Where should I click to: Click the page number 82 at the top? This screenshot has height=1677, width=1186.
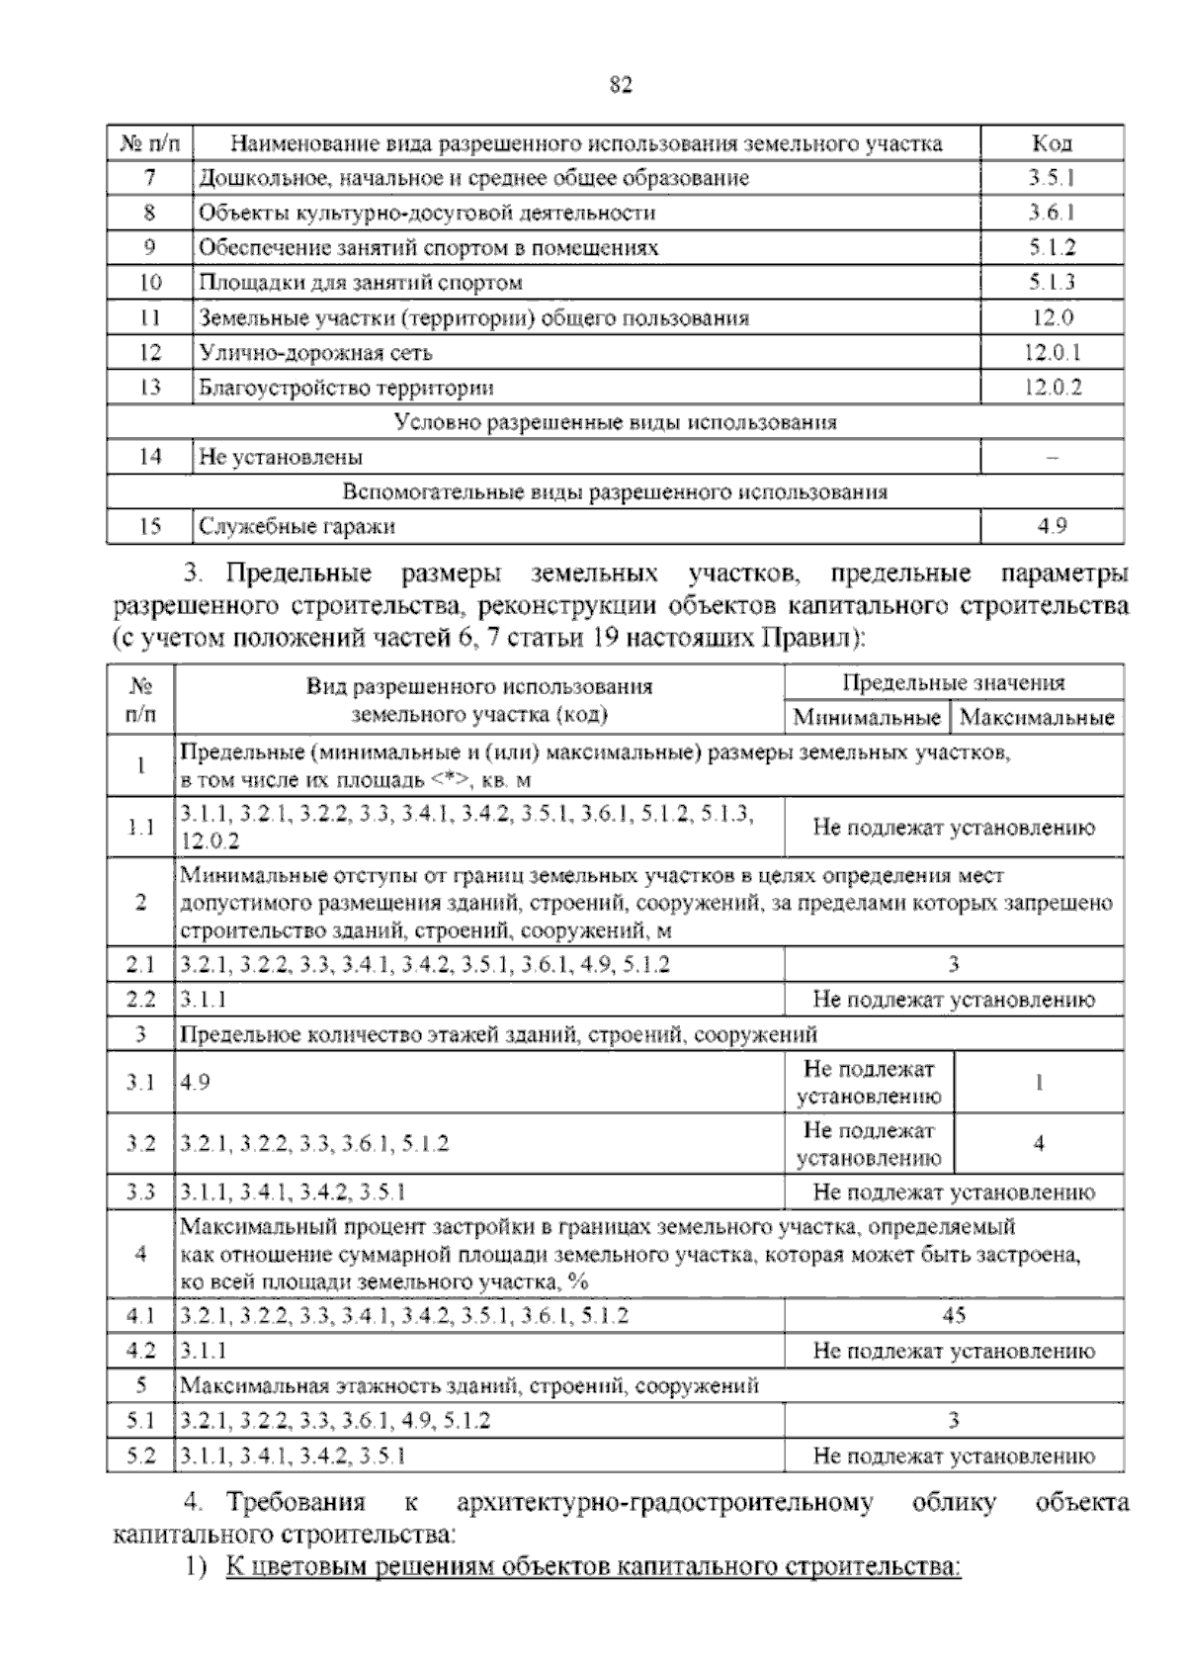(621, 84)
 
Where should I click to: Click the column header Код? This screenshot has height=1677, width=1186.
(1052, 143)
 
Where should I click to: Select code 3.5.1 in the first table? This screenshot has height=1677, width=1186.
(1052, 178)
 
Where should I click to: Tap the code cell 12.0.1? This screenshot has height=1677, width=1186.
(1052, 353)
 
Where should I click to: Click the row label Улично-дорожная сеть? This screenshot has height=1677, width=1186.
(316, 353)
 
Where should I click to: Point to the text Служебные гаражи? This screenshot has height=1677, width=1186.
(296, 527)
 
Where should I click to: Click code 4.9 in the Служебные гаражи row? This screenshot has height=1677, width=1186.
(1052, 527)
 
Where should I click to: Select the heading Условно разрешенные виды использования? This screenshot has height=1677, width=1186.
(615, 422)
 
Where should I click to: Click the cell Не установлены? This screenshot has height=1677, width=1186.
(281, 458)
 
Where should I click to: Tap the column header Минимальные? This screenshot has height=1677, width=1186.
(867, 717)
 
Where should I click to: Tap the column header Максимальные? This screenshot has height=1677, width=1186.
(1037, 717)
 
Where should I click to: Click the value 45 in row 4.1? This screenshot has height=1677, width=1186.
(954, 1316)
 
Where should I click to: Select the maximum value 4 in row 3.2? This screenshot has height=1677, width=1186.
(1039, 1144)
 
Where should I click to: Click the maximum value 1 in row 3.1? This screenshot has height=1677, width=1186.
(1039, 1083)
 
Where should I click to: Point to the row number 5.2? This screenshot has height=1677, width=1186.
(141, 1456)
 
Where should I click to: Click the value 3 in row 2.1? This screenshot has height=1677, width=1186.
(954, 964)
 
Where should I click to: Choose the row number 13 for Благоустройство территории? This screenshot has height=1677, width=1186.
(150, 388)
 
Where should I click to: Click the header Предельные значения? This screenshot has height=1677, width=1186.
(954, 682)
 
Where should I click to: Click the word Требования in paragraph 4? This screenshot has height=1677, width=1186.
(296, 1503)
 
